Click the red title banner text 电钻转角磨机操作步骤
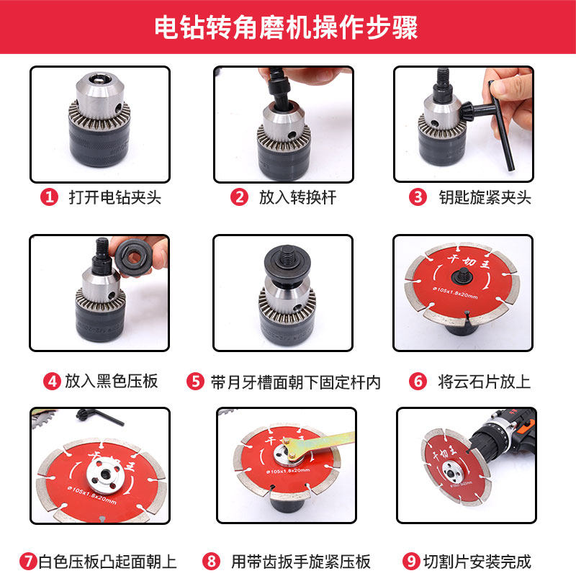click(286, 27)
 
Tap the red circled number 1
click(49, 197)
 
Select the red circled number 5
click(195, 382)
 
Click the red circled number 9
click(411, 562)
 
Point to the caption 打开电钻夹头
click(115, 197)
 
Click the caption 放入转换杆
click(297, 197)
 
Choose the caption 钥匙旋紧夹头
click(485, 197)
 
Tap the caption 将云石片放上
click(484, 382)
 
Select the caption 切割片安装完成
click(477, 562)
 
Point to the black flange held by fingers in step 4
click(133, 257)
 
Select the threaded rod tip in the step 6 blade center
click(462, 274)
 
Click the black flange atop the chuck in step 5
click(287, 264)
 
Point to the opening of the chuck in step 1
click(99, 78)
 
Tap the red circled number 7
click(28, 562)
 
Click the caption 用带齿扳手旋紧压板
click(300, 562)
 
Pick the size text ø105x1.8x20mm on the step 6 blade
click(456, 293)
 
